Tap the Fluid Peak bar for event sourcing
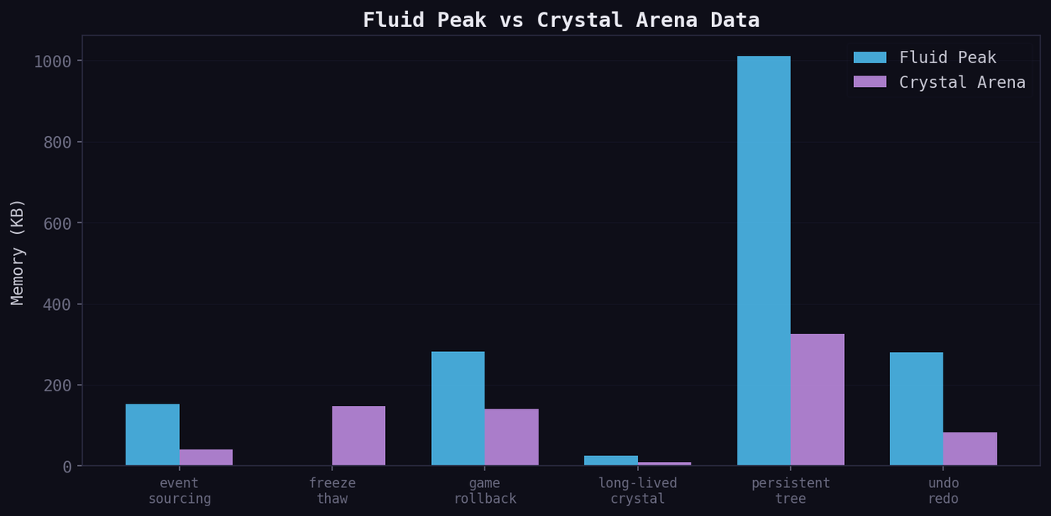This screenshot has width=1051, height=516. pos(152,435)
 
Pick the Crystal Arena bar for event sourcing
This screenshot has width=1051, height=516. pos(206,458)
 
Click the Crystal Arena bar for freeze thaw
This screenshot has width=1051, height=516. pos(359,436)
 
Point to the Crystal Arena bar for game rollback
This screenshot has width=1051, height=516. pos(512,437)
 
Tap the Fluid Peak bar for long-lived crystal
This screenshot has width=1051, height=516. pos(611,461)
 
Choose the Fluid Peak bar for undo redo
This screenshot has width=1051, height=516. pos(916,409)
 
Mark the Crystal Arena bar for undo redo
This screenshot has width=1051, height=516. pos(970,449)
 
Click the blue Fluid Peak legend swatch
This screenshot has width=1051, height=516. pos(870,57)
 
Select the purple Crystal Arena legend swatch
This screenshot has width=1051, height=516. pos(870,82)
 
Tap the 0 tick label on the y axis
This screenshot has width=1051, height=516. pos(67,466)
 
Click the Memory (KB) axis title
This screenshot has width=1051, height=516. pos(18,252)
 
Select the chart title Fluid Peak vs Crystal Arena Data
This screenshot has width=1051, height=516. pos(561,21)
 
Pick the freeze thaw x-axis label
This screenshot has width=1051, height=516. pos(332,491)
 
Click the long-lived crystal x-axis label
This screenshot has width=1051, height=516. pos(638,491)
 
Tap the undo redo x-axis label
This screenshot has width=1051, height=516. pos(943,491)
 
